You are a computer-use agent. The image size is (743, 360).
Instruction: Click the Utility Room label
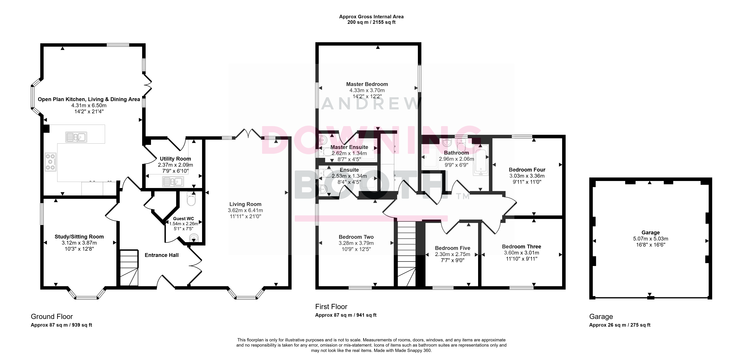pyautogui.click(x=175, y=159)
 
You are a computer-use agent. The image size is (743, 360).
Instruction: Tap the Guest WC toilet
pyautogui.click(x=191, y=199)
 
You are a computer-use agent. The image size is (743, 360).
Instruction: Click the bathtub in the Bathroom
pyautogui.click(x=481, y=160)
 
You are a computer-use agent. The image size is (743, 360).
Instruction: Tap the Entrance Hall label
pyautogui.click(x=162, y=255)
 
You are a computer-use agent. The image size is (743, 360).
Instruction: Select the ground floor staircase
pyautogui.click(x=129, y=268)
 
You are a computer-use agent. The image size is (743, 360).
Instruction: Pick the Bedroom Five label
pyautogui.click(x=452, y=248)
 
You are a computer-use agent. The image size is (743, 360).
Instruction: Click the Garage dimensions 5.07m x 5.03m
pyautogui.click(x=650, y=239)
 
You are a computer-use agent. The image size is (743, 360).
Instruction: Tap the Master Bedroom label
pyautogui.click(x=367, y=84)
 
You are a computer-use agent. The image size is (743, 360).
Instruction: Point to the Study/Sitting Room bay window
pyautogui.click(x=86, y=294)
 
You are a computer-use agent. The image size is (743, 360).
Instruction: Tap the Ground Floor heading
pyautogui.click(x=52, y=317)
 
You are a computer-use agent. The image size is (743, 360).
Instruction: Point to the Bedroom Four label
pyautogui.click(x=527, y=170)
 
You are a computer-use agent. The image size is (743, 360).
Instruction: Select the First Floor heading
pyautogui.click(x=331, y=307)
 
